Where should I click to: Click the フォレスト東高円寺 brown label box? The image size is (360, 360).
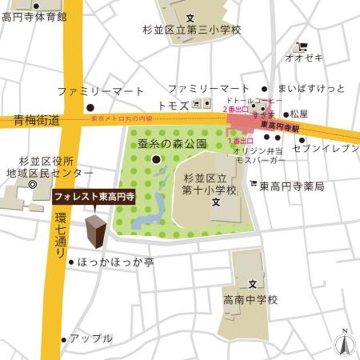(x=94, y=198)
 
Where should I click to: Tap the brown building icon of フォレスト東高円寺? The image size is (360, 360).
(x=95, y=231)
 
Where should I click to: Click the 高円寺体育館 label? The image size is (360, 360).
(x=34, y=17)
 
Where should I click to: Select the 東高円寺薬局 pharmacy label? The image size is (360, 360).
(x=291, y=186)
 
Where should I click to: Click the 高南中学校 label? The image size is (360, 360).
(x=250, y=300)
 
